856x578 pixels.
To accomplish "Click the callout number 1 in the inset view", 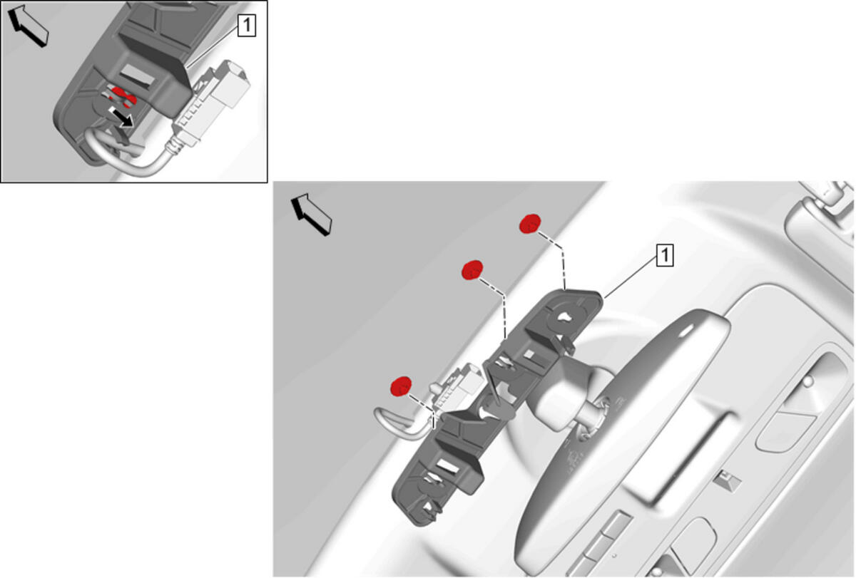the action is [x=247, y=26].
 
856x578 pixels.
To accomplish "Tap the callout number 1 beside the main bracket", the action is [x=665, y=255].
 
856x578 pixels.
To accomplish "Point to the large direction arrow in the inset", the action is [x=29, y=25].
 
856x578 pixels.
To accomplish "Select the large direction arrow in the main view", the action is [x=312, y=215].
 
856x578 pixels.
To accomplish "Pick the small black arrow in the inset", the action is [x=121, y=117].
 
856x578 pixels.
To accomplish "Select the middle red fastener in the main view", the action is [x=472, y=270].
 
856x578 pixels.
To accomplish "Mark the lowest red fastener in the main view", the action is [x=401, y=386].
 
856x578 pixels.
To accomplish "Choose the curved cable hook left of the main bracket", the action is [x=399, y=423].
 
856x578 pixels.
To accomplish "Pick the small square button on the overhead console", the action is [x=727, y=482].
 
